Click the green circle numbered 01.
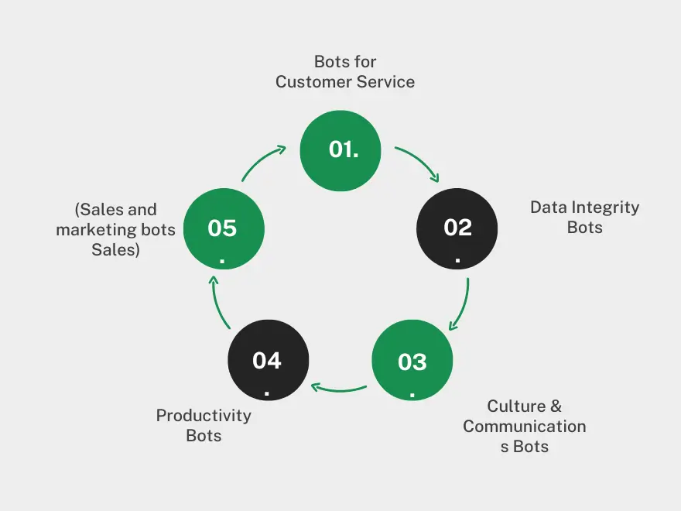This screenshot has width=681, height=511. [x=340, y=150]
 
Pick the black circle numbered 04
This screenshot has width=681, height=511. [x=268, y=362]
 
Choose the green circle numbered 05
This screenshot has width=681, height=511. [x=223, y=229]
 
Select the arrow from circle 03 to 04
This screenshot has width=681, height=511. [x=339, y=387]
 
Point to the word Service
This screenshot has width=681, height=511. [x=386, y=81]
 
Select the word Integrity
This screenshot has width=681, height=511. [x=606, y=207]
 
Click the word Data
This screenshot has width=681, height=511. [x=548, y=207]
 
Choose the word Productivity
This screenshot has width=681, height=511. [x=204, y=416]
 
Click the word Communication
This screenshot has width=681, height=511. [x=525, y=427]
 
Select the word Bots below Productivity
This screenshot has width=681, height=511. [x=204, y=436]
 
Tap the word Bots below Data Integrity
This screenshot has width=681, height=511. [x=584, y=228]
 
